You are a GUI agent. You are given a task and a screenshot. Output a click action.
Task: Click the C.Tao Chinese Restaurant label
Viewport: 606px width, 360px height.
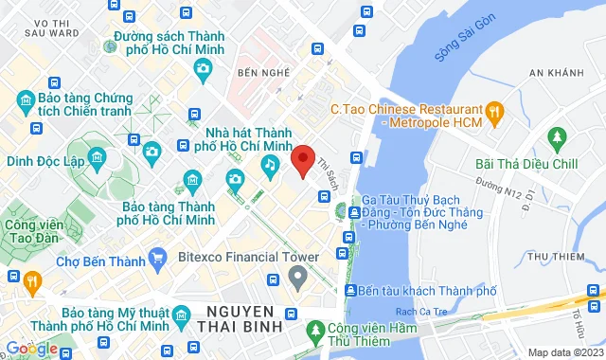click(x=406, y=109)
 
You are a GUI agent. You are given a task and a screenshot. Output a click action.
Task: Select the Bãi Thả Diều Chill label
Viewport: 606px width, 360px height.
click(x=526, y=163)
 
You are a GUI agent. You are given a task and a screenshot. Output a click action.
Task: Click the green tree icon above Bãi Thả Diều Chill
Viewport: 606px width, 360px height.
click(x=557, y=139)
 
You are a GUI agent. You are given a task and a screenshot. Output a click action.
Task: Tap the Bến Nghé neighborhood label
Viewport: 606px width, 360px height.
click(x=263, y=73)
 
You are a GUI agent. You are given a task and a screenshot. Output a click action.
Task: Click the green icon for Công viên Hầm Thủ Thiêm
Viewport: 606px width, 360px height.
click(x=318, y=331)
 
